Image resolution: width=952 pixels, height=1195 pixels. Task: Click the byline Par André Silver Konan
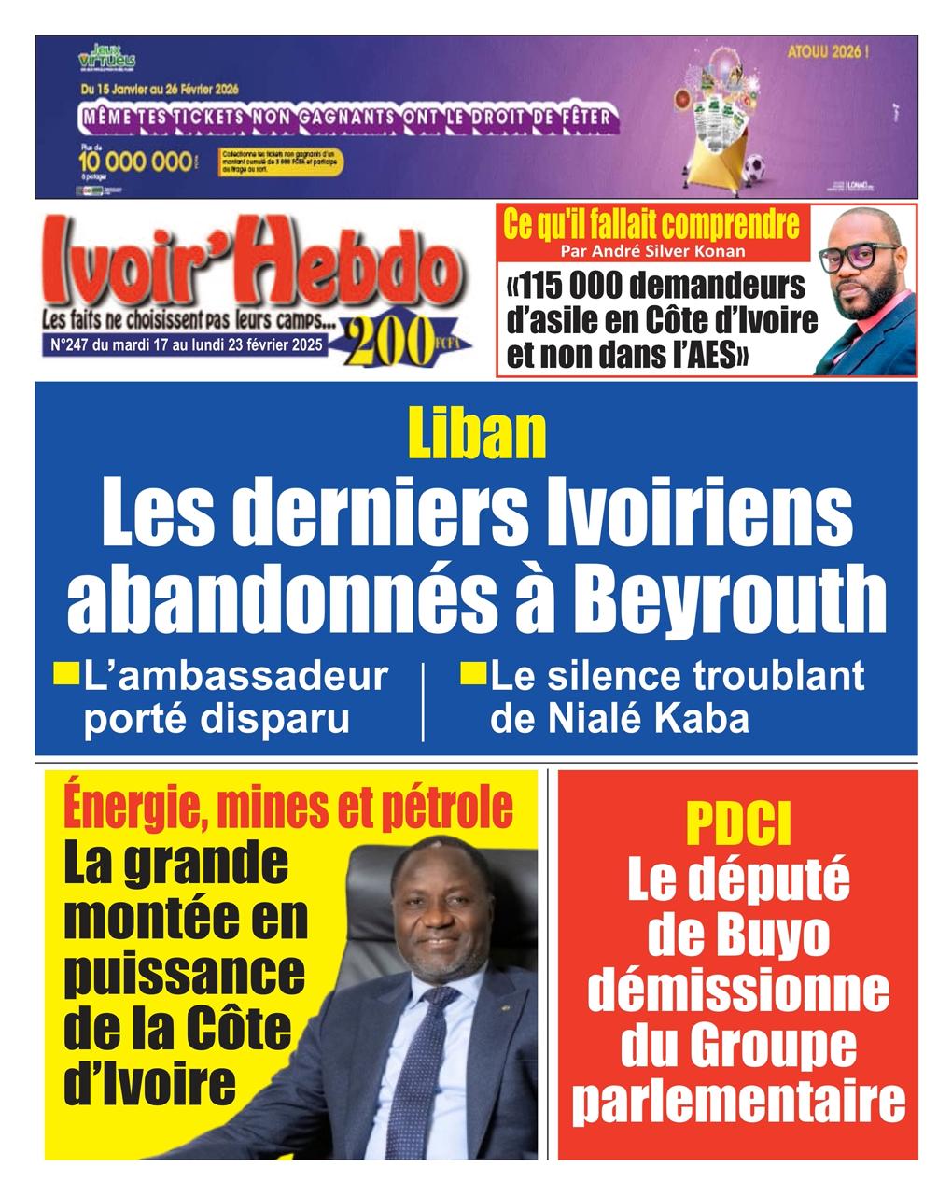coord(652,251)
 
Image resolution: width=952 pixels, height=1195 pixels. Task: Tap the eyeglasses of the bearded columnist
coord(861,255)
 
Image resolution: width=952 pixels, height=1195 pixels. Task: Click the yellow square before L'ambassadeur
coord(66,672)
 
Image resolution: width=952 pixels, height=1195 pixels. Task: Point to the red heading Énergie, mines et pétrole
coord(288,808)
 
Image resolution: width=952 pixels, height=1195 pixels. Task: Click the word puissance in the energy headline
coord(185,972)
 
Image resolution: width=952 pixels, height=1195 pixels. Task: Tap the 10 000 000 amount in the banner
coord(135,162)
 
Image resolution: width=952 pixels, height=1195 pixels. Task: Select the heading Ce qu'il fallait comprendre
coord(651,224)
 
